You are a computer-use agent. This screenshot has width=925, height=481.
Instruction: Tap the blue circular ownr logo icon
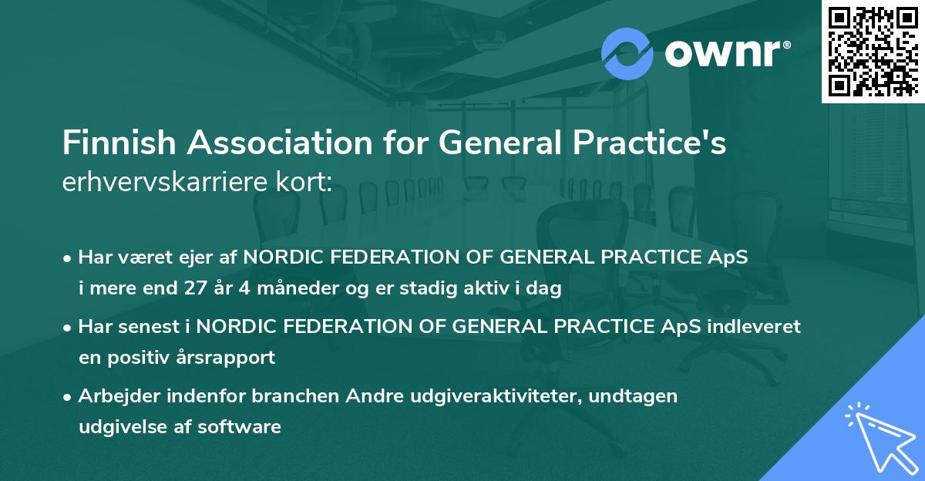(x=627, y=54)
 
